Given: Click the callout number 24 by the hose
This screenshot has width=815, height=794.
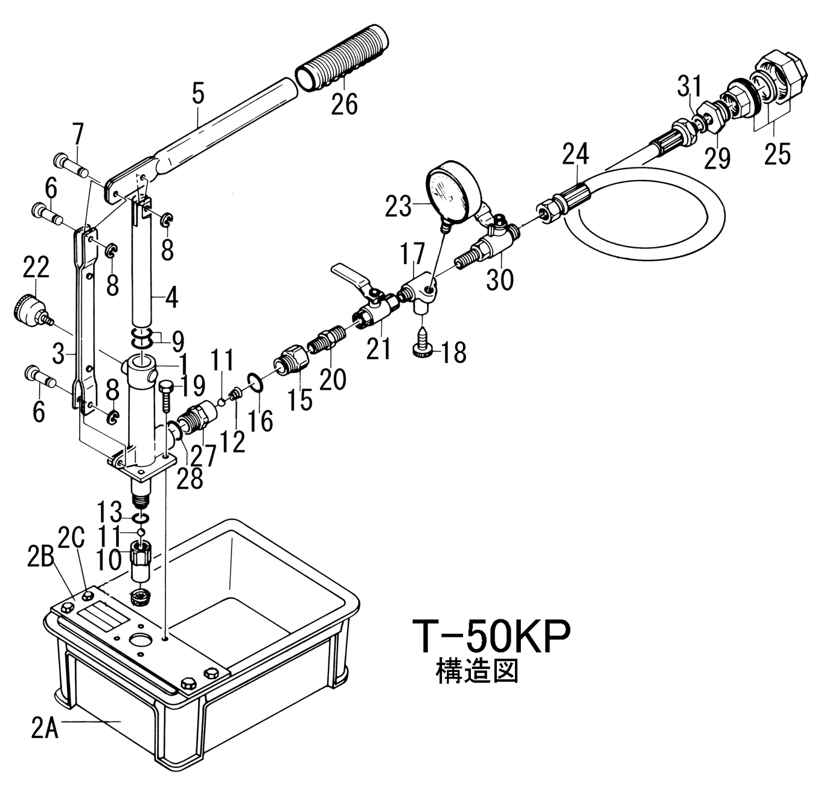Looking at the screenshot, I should point(575,154).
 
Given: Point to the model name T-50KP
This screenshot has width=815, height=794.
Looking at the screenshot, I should point(491,636).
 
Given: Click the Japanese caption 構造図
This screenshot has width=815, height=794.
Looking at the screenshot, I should point(477,671).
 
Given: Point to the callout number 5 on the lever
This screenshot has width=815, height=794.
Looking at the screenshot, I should point(198,94).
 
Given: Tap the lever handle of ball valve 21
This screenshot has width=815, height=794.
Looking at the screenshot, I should point(349,275).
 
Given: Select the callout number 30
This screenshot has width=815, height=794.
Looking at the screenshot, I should point(500,279).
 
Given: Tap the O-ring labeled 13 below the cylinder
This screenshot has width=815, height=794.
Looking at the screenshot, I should point(141,518).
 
